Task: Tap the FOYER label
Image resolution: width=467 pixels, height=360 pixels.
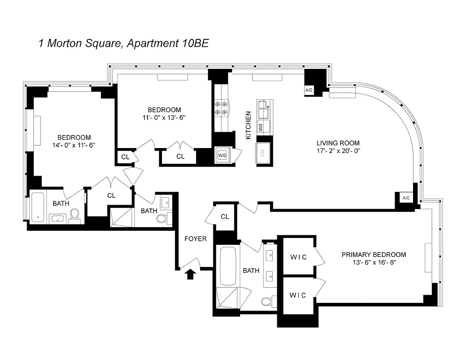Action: click(196, 239)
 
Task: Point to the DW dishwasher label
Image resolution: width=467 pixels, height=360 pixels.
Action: click(260, 127)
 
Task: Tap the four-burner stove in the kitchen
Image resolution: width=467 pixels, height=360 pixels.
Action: click(221, 109)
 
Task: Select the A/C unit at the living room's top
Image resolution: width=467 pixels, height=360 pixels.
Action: click(309, 90)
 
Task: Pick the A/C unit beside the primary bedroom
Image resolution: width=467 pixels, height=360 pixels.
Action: click(406, 198)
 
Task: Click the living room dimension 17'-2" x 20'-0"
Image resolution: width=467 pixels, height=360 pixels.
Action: click(338, 151)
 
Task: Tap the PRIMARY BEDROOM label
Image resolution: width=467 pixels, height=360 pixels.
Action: click(373, 254)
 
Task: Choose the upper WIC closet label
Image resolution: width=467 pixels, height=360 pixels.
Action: click(298, 257)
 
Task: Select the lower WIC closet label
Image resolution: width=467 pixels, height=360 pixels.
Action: click(298, 295)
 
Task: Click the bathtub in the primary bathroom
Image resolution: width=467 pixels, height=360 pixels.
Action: click(227, 265)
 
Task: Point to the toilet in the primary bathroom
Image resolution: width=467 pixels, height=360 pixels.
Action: click(266, 301)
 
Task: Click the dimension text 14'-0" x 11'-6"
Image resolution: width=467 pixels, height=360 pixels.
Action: click(74, 145)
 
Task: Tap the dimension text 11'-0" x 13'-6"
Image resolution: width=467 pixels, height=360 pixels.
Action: click(164, 117)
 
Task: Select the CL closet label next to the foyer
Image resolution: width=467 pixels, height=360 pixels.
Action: click(225, 217)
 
